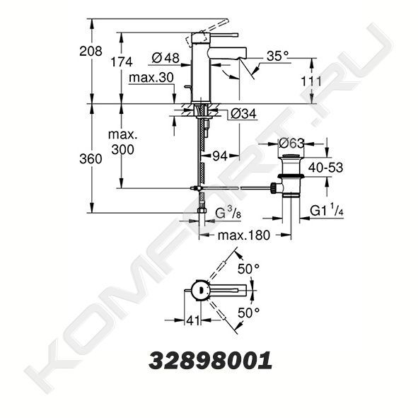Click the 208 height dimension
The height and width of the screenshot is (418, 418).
pyautogui.click(x=91, y=51)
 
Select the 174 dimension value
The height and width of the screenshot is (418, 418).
pyautogui.click(x=122, y=62)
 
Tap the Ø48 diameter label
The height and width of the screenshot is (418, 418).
pyautogui.click(x=166, y=58)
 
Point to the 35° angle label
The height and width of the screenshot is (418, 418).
pyautogui.click(x=277, y=57)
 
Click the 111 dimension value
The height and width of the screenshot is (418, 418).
pyautogui.click(x=311, y=81)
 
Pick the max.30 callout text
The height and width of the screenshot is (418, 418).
pyautogui.click(x=151, y=78)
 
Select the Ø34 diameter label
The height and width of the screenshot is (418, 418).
pyautogui.click(x=243, y=114)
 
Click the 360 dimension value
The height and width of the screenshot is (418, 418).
pyautogui.click(x=91, y=159)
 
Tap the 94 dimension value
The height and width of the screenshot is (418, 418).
pyautogui.click(x=220, y=156)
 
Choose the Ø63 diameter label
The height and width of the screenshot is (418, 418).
pyautogui.click(x=291, y=144)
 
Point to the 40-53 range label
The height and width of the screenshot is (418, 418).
pyautogui.click(x=325, y=168)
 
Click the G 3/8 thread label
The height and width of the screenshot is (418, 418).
pyautogui.click(x=228, y=214)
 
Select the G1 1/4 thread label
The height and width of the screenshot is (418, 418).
pyautogui.click(x=327, y=210)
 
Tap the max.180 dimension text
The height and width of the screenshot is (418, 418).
pyautogui.click(x=244, y=236)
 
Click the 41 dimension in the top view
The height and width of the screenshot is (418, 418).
pyautogui.click(x=193, y=320)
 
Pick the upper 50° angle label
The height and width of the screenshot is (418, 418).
pyautogui.click(x=248, y=269)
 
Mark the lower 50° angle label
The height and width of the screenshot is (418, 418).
pyautogui.click(x=248, y=313)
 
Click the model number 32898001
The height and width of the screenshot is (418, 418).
pyautogui.click(x=211, y=361)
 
